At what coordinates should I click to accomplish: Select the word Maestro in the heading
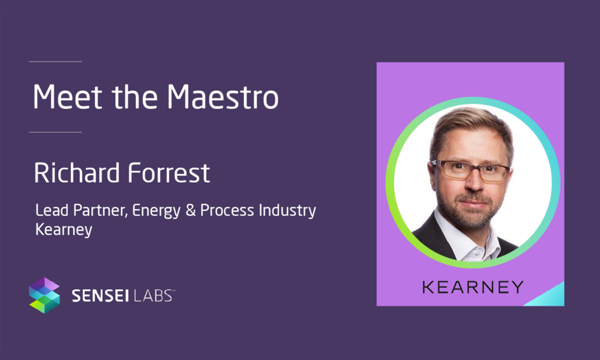[x=223, y=96]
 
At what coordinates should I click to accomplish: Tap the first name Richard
[x=77, y=173]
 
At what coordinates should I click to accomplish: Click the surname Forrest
[x=169, y=173]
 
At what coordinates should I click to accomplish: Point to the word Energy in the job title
[x=156, y=211]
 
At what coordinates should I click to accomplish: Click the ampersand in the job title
[x=191, y=210]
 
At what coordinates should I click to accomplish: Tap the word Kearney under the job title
[x=64, y=230]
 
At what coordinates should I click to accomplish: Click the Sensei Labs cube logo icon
[x=44, y=295]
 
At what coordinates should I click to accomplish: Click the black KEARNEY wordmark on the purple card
[x=473, y=287]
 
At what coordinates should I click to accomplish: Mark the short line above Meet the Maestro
[x=55, y=61]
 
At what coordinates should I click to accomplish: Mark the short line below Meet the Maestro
[x=55, y=132]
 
